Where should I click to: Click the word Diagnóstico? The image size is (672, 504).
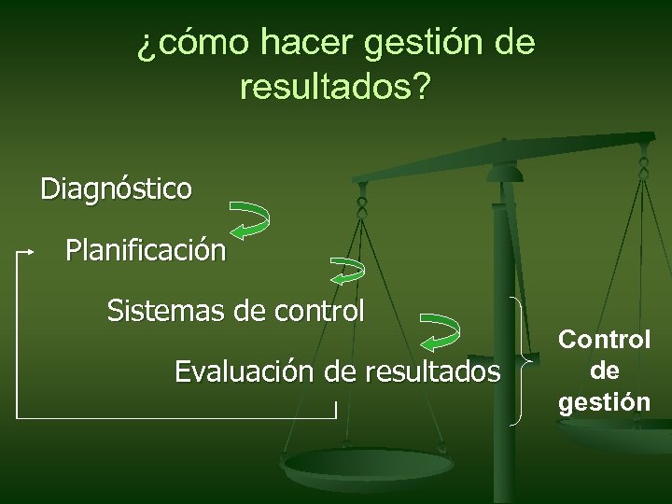116,189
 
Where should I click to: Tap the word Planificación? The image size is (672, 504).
145,250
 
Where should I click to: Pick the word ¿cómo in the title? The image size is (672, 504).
193,43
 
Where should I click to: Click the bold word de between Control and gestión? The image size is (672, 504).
605,371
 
